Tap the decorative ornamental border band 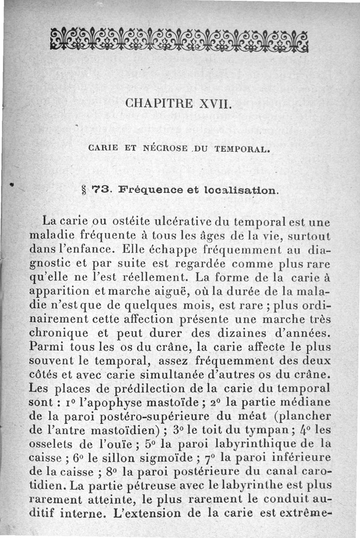tap(179, 39)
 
